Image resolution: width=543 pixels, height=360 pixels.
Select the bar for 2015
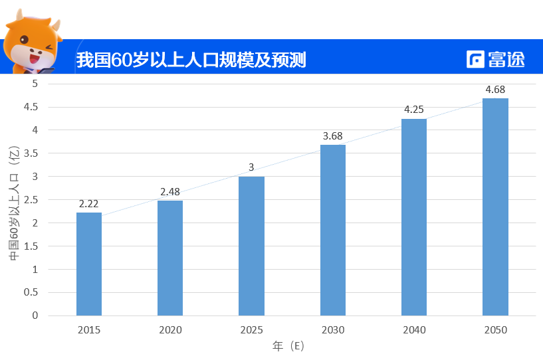coord(89,264)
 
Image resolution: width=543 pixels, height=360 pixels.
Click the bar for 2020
coord(170,258)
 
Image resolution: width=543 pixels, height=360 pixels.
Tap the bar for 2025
coord(251,246)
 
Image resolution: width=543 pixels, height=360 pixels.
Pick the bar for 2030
coord(333,230)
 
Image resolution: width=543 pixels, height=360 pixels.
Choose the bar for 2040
coord(414,217)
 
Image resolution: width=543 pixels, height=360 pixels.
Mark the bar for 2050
coord(495,207)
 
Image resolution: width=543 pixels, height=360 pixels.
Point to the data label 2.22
coord(89,204)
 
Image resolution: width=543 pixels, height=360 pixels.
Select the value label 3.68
coord(333,136)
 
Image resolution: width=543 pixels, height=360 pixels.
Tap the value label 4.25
coord(414,110)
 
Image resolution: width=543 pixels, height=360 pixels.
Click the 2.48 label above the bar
coord(171,192)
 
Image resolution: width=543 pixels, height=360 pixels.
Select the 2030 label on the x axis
coord(333,330)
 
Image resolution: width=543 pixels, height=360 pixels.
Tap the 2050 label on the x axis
coord(495,330)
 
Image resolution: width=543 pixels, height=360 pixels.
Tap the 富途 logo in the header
coord(496,59)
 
